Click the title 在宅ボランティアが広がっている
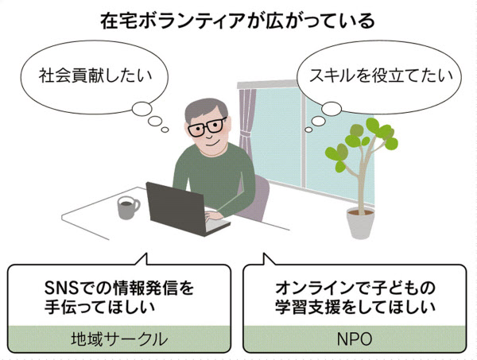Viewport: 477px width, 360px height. click(238, 21)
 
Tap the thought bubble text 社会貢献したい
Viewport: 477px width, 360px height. click(95, 75)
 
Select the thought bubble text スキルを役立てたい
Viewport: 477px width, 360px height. click(381, 75)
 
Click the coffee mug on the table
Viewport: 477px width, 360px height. click(128, 207)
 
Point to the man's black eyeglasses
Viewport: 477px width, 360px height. click(207, 126)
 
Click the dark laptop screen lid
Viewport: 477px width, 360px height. click(175, 207)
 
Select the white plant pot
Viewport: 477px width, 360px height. click(360, 223)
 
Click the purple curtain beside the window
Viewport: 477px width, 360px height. click(246, 122)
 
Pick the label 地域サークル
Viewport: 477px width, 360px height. click(119, 339)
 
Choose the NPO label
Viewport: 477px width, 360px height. click(355, 339)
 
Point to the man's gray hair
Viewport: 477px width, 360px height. click(206, 109)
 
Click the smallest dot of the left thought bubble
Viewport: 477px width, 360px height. click(165, 130)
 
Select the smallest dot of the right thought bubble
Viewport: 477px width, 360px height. click(308, 130)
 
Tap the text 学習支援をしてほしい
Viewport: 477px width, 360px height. click(355, 307)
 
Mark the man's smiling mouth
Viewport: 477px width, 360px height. click(212, 144)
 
